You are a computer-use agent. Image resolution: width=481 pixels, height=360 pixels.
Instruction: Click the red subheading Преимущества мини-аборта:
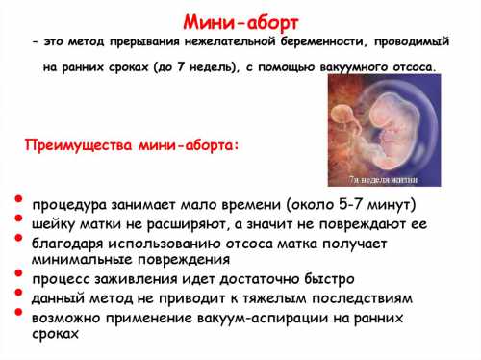132,145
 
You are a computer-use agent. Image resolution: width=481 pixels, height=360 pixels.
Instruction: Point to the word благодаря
68,243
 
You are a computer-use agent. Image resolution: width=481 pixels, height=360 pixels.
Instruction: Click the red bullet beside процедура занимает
18,199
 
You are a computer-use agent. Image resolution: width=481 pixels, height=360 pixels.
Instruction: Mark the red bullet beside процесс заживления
18,273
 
